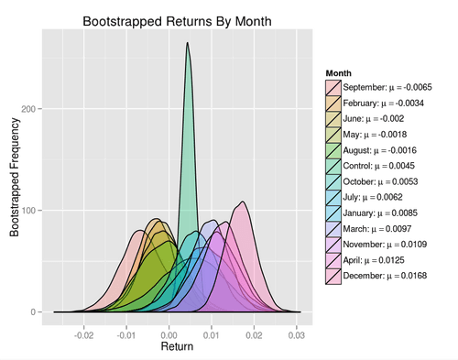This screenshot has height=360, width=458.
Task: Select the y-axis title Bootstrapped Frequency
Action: [14, 183]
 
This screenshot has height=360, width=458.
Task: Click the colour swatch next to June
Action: [333, 118]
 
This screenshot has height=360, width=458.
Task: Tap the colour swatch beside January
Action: [333, 213]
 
